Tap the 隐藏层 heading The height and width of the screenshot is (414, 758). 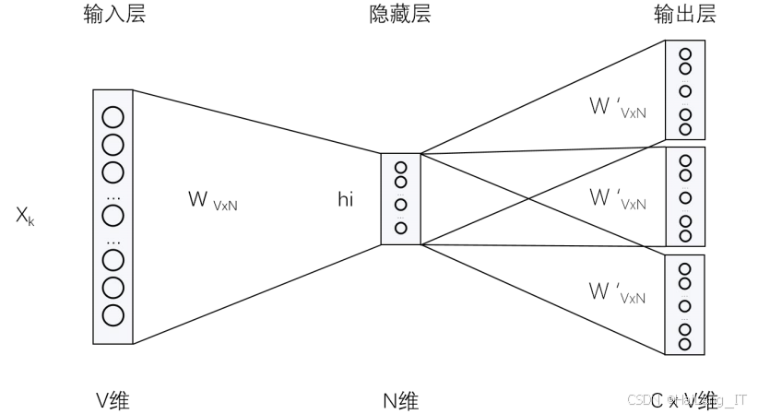(399, 15)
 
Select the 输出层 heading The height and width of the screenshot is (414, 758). (684, 15)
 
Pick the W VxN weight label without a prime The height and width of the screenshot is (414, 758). (212, 200)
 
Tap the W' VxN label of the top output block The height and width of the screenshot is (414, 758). (617, 107)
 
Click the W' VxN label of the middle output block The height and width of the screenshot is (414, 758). (617, 199)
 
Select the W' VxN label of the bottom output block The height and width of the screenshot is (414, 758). (617, 293)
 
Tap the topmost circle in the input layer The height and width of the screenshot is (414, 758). (113, 117)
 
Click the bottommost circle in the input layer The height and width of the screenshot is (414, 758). (113, 314)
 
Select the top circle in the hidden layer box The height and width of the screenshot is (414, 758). (400, 168)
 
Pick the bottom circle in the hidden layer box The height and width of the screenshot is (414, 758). (400, 227)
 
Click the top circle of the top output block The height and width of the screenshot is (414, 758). (684, 54)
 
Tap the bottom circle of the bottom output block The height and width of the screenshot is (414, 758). (684, 344)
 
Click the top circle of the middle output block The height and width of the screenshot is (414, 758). (684, 160)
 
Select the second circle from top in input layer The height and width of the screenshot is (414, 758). (113, 145)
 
